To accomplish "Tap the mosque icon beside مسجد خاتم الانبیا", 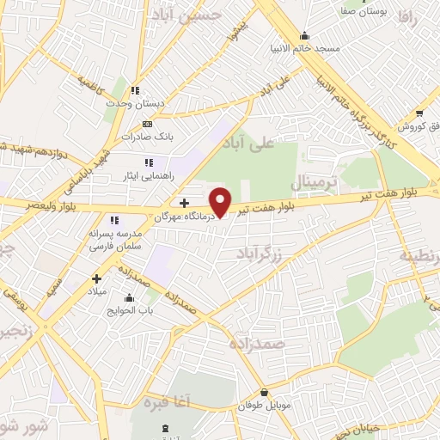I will point(304,36).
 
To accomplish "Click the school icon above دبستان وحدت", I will point(135,89).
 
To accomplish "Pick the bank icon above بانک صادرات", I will point(147,124).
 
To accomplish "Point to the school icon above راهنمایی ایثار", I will point(149,162).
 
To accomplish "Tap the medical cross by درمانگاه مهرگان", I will point(184,203).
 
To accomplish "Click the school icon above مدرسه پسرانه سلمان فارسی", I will point(113,221).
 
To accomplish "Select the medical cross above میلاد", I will point(96,278).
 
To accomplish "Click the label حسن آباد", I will point(196,15).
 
